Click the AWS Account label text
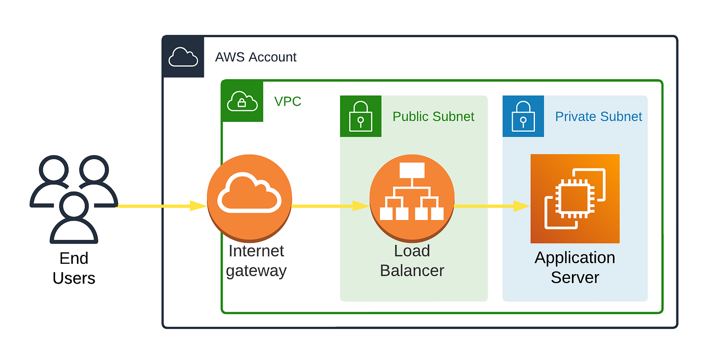pyautogui.click(x=255, y=57)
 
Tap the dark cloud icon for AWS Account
pyautogui.click(x=183, y=57)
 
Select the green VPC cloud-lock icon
pyautogui.click(x=242, y=101)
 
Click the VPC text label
pyautogui.click(x=287, y=101)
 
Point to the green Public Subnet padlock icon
pyautogui.click(x=360, y=116)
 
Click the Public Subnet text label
pyautogui.click(x=433, y=117)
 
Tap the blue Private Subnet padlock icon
pyautogui.click(x=523, y=116)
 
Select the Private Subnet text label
pyautogui.click(x=598, y=117)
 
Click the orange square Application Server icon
pyautogui.click(x=574, y=198)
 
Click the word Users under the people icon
pyautogui.click(x=74, y=278)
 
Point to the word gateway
pyautogui.click(x=256, y=271)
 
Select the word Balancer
pyautogui.click(x=412, y=271)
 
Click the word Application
pyautogui.click(x=574, y=258)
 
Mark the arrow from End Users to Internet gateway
pyautogui.click(x=161, y=206)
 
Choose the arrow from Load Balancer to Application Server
pyautogui.click(x=491, y=206)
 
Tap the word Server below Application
pyautogui.click(x=574, y=277)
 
